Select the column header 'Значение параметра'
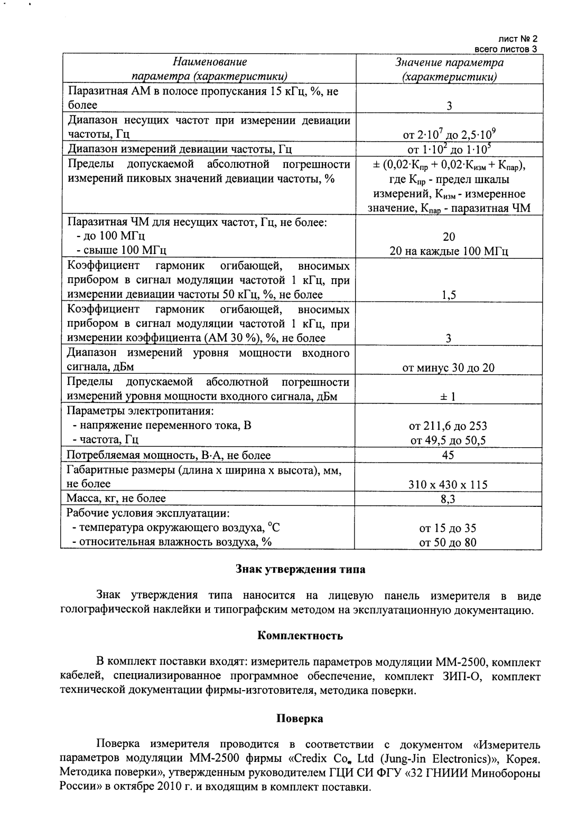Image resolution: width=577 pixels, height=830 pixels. coord(449,63)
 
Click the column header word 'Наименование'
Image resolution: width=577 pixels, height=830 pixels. coord(210,63)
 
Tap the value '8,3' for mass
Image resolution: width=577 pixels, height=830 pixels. coord(449,499)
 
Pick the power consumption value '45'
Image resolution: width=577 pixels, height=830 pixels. coord(448,455)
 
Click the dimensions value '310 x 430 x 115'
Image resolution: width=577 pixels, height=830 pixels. coord(448,484)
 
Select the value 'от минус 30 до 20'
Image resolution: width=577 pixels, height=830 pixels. coord(448,367)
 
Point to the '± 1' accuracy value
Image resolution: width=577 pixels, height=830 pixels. coord(448,397)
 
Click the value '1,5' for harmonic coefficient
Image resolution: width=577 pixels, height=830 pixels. coord(449,295)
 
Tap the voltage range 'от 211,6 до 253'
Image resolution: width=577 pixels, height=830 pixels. coord(448,426)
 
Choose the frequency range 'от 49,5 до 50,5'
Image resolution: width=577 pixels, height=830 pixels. coord(448,440)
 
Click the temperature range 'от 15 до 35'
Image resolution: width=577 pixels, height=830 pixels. coord(448,528)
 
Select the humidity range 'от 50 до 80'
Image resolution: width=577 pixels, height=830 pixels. coord(448,542)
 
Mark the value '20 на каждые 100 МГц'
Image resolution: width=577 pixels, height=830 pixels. coord(448,251)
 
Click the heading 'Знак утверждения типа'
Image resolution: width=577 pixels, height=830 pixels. coord(300,569)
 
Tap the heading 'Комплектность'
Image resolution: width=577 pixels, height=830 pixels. coord(300,636)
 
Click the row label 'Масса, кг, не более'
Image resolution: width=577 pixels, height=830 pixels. coord(116,498)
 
